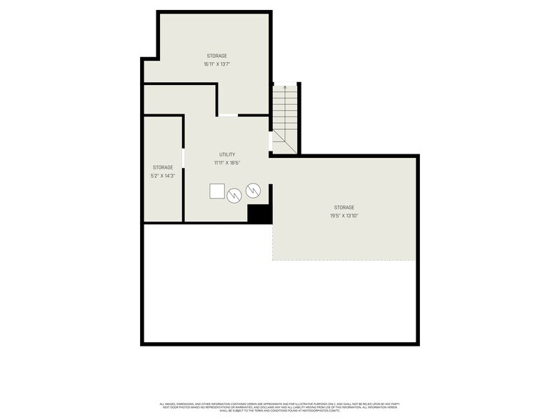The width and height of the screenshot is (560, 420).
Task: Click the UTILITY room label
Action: tap(227, 154)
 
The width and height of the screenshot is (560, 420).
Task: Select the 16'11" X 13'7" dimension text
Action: tap(217, 64)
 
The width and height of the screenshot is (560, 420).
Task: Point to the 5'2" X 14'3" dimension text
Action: tap(163, 176)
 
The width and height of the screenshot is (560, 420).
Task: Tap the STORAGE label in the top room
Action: tap(217, 56)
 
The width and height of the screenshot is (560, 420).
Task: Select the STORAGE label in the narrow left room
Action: tap(163, 167)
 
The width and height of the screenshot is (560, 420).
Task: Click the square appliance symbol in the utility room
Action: tap(216, 191)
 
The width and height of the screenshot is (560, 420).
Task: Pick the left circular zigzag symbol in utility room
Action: tap(234, 195)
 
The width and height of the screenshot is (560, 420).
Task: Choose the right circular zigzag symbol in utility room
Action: tap(253, 190)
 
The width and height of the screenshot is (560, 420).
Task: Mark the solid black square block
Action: tap(258, 214)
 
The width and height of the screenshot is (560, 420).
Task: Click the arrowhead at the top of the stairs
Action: tap(285, 86)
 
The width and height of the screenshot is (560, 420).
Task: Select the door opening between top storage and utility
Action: tap(228, 115)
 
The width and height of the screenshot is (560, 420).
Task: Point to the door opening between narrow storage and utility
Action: tap(184, 158)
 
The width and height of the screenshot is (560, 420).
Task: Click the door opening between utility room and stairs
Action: tap(270, 141)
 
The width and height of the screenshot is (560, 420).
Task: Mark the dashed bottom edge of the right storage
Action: tap(344, 260)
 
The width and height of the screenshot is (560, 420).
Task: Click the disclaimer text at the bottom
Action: tap(280, 407)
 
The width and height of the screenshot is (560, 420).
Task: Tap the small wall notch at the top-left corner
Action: tap(148, 59)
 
